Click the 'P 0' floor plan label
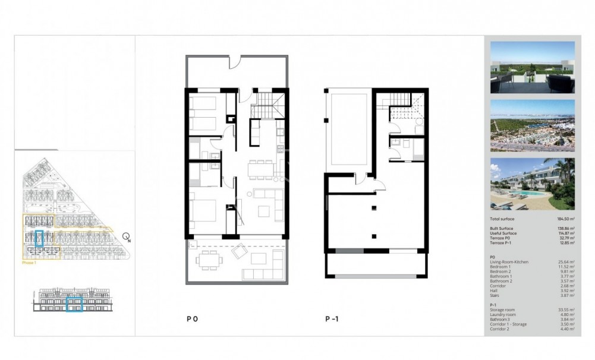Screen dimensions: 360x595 coord(192,319)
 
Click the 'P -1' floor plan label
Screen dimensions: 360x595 coord(332,319)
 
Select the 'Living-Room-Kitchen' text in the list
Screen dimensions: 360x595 coord(509,262)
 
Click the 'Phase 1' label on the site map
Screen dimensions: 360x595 coord(29,262)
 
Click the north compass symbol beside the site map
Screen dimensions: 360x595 coord(127,237)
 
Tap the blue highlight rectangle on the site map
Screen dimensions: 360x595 coord(40,239)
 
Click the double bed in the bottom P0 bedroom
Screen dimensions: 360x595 coord(204,216)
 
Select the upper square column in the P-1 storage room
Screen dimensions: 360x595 coord(373,207)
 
